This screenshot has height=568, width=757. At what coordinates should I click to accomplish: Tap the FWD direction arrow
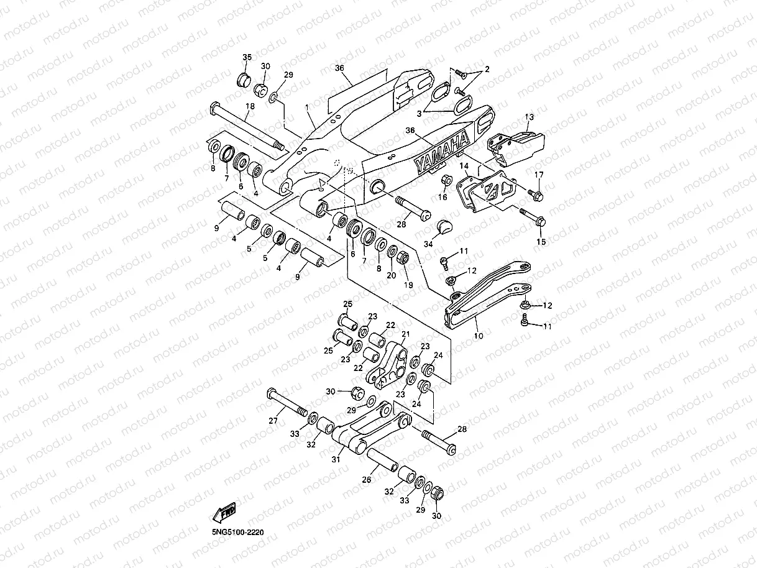point(224,513)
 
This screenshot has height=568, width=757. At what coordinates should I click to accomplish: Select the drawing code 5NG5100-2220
point(238,532)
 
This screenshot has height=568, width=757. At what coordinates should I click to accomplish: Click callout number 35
point(247,57)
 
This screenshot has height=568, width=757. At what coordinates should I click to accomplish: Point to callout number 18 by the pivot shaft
point(250,106)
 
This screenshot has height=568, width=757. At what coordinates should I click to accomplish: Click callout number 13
point(529,117)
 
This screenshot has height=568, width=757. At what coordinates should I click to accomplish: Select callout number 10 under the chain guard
point(479,336)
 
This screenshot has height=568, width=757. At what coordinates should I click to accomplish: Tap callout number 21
point(406,334)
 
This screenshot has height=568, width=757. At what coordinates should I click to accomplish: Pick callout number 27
point(273,421)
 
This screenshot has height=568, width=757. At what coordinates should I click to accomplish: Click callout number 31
point(336,459)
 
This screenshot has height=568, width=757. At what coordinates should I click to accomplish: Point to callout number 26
point(366,479)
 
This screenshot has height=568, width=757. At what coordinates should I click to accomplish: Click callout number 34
point(428,244)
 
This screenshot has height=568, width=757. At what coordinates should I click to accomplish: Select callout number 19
point(408,285)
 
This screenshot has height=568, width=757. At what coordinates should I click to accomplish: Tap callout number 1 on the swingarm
point(307,108)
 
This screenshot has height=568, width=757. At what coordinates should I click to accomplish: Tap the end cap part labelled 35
point(244,80)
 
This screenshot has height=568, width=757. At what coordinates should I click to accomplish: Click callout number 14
point(464,166)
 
